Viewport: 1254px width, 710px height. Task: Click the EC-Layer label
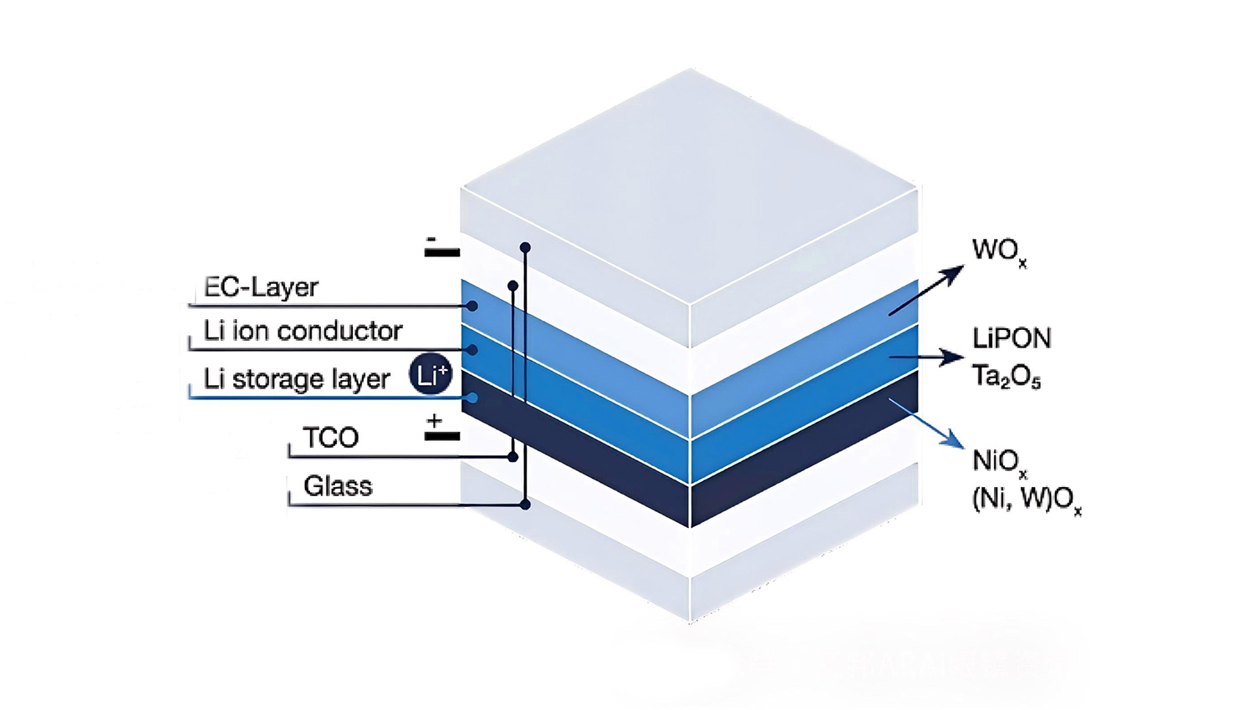261,287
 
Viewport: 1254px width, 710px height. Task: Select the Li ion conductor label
303,331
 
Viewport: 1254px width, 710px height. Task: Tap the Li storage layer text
297,379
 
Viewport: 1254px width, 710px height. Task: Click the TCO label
330,438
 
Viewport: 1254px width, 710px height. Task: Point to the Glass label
337,486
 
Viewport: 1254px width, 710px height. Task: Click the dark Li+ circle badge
431,374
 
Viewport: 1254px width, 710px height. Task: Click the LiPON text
1012,338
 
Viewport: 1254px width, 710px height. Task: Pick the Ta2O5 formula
1006,377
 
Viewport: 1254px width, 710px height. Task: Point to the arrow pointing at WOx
926,290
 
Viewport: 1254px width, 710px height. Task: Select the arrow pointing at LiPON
926,357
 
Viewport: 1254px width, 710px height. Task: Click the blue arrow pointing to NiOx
926,423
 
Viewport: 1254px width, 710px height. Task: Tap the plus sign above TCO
434,421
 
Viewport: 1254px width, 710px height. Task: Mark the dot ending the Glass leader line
525,505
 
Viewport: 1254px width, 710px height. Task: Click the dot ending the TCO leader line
512,457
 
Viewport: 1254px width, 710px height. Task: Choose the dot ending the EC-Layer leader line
472,306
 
